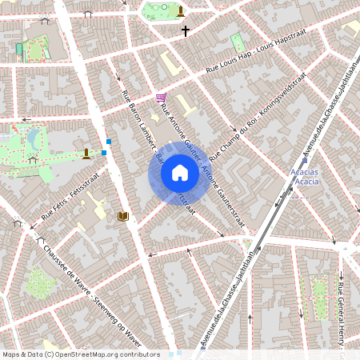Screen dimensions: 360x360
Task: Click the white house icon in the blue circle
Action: [x=180, y=172]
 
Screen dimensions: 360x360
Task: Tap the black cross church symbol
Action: [x=186, y=31]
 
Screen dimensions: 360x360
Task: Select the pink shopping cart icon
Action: [x=162, y=97]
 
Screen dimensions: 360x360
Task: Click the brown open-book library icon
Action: [x=123, y=216]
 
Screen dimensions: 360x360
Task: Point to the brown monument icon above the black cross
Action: [x=181, y=11]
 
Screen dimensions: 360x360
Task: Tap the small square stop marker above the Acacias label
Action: [x=305, y=160]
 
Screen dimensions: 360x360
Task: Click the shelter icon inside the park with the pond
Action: [x=33, y=160]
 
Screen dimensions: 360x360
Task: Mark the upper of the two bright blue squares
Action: [x=109, y=142]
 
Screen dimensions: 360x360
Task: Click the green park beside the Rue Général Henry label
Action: [x=318, y=295]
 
